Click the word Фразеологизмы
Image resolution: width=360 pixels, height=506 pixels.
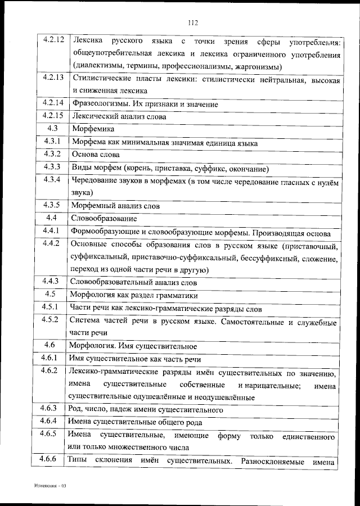[97, 104]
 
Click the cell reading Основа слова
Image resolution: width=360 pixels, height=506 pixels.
[95, 155]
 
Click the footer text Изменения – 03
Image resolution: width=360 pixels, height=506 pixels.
[49, 485]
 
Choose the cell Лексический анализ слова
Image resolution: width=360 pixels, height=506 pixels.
[119, 116]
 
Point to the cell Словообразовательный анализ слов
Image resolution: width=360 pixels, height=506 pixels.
[133, 282]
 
